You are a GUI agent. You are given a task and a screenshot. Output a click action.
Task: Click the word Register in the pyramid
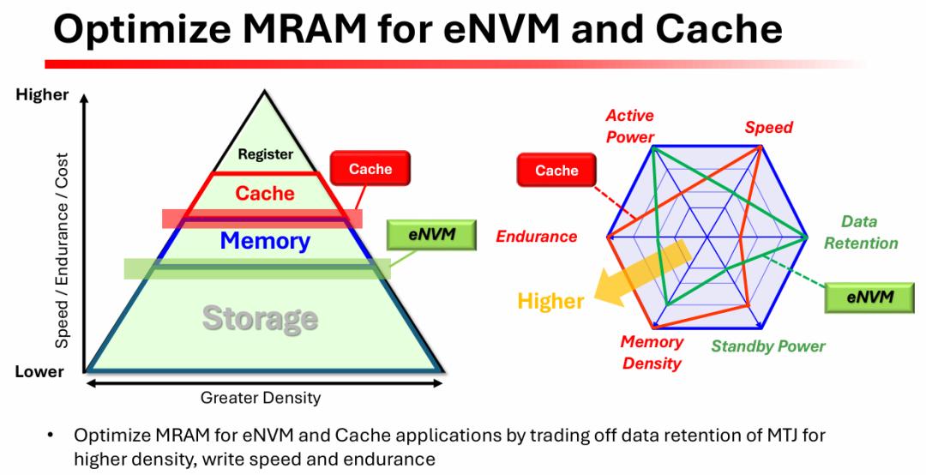click(x=266, y=155)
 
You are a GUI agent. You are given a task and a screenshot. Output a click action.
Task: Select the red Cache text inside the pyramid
click(x=265, y=194)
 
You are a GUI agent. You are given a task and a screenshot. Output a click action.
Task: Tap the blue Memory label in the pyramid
click(x=265, y=241)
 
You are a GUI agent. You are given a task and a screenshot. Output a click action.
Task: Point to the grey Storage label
click(x=260, y=318)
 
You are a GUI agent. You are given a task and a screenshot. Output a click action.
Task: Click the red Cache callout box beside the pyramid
click(x=370, y=169)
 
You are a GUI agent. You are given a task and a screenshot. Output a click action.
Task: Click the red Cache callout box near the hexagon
click(x=556, y=171)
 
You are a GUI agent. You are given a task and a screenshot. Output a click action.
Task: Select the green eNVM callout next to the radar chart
click(x=869, y=298)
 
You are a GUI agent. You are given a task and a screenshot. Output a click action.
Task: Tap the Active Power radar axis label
click(x=629, y=125)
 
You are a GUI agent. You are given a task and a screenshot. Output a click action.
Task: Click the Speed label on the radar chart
click(x=768, y=128)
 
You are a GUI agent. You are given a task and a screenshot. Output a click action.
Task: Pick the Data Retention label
click(x=860, y=232)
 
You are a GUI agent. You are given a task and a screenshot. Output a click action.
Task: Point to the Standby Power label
click(x=767, y=346)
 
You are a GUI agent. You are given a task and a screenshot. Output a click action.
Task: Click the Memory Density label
click(x=652, y=352)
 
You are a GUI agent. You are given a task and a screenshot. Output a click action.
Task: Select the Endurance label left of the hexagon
click(x=537, y=237)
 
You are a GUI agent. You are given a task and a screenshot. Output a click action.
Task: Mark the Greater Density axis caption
click(x=261, y=398)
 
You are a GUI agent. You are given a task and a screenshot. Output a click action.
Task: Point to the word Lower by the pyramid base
click(x=39, y=372)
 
